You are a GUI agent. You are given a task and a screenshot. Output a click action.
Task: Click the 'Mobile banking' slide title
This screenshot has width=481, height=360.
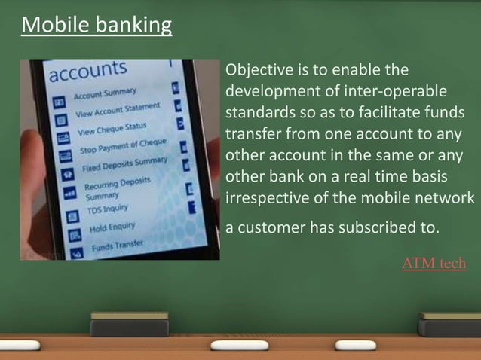point(97,26)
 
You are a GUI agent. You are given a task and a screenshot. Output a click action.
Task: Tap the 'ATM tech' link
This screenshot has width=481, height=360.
point(434,263)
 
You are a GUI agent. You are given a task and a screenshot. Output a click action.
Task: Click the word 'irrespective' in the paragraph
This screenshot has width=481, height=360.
point(266,197)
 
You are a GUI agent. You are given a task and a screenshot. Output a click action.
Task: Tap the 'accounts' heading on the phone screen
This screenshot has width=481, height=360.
point(87,73)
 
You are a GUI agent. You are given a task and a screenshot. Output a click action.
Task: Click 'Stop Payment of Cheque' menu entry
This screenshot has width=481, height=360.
point(123,148)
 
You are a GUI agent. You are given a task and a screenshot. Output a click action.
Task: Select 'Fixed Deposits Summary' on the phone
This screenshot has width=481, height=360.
point(125,163)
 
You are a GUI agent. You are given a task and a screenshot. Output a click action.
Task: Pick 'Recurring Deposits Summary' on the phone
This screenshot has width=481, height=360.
point(116,188)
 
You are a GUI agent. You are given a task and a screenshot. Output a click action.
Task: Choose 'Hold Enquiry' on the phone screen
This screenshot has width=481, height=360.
point(112,226)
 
